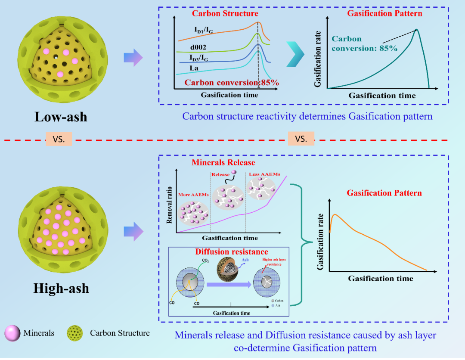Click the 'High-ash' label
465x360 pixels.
coord(61,288)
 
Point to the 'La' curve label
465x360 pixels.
coord(194,68)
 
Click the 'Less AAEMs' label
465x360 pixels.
coord(263,174)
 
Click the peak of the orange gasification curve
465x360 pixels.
coord(335,214)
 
